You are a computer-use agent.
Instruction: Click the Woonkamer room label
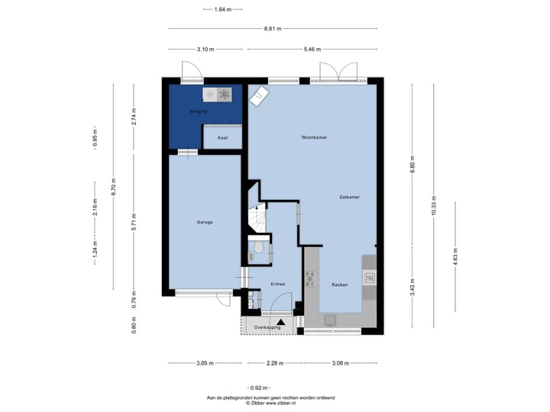tap(314, 137)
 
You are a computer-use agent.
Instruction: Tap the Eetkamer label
tap(349, 198)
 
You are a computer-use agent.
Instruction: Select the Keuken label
tap(340, 285)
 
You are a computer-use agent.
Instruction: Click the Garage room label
tap(205, 222)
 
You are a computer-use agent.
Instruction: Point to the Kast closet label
tap(223, 137)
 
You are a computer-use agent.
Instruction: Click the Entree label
tap(278, 284)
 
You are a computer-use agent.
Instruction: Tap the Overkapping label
tap(267, 327)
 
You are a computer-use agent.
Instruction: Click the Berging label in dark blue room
tap(198, 111)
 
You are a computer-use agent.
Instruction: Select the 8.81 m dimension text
tap(273, 29)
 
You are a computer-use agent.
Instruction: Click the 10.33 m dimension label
tap(434, 206)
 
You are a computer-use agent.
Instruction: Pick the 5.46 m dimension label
tap(312, 50)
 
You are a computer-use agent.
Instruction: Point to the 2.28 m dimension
tap(275, 363)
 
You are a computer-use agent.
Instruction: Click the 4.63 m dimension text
tap(455, 257)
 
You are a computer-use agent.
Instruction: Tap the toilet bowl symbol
tap(258, 247)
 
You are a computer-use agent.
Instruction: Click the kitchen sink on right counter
tap(370, 278)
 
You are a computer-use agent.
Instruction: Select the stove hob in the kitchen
tap(310, 279)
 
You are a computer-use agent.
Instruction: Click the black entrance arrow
tap(280, 322)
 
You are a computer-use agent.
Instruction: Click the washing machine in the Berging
tap(225, 95)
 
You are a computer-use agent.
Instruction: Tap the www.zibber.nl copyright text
tap(270, 403)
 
